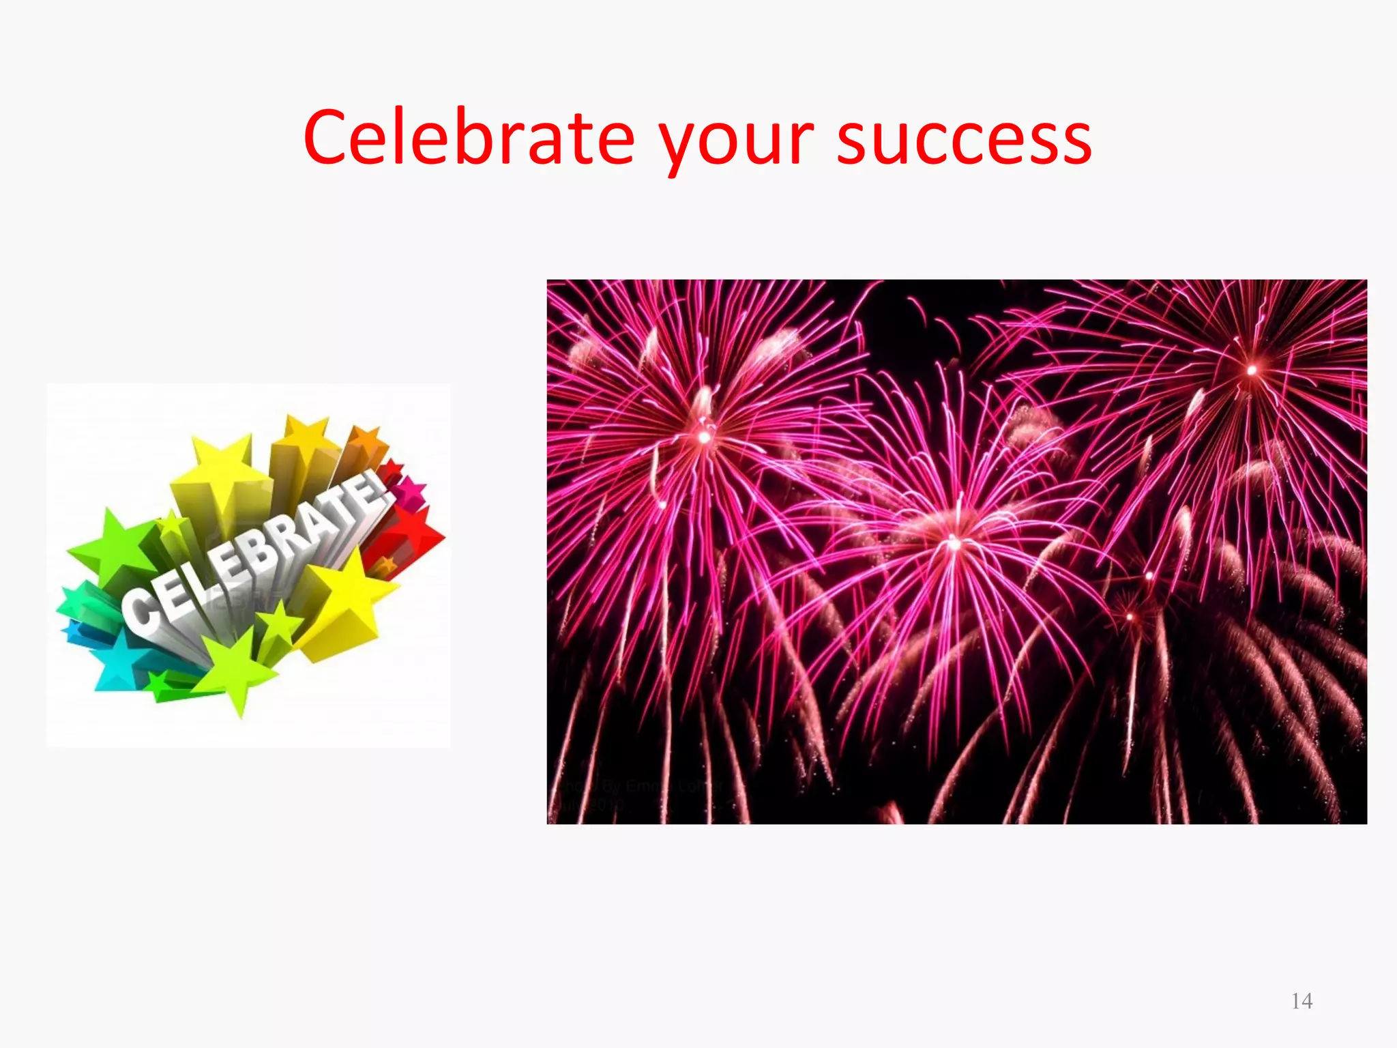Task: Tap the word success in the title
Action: [x=964, y=140]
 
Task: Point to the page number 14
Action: [x=1302, y=1001]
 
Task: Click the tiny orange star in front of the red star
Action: [x=386, y=565]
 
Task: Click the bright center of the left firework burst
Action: [x=704, y=437]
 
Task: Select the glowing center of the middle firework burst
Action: [x=954, y=544]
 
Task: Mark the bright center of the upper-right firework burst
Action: [x=1252, y=370]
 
